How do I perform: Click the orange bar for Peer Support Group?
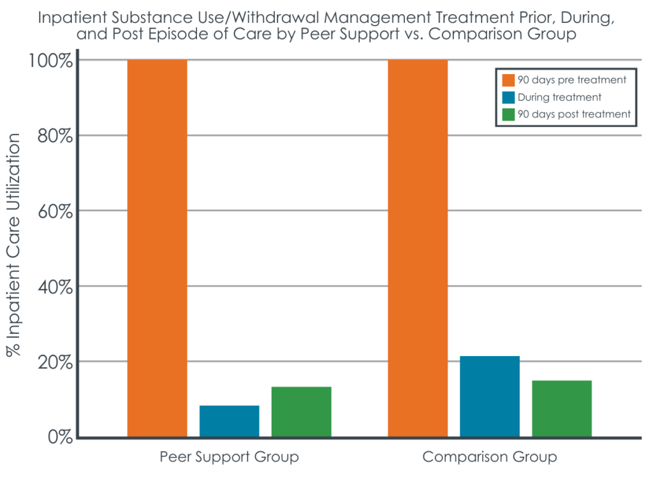[157, 248]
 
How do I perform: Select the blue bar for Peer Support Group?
[229, 421]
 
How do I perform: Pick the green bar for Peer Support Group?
[301, 412]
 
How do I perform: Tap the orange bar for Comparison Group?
[418, 248]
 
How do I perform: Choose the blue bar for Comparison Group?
[490, 396]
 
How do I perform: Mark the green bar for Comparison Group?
[562, 408]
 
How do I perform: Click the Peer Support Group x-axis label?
[229, 457]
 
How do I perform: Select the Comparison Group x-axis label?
[490, 457]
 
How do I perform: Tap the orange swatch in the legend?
[508, 80]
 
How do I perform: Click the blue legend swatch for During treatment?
[508, 97]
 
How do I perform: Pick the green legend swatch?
[508, 114]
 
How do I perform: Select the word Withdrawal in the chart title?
[298, 17]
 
